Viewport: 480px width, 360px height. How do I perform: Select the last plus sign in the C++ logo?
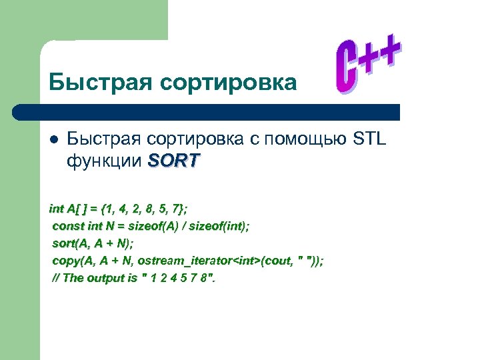pyautogui.click(x=392, y=52)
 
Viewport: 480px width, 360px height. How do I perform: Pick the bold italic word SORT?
pyautogui.click(x=173, y=161)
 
